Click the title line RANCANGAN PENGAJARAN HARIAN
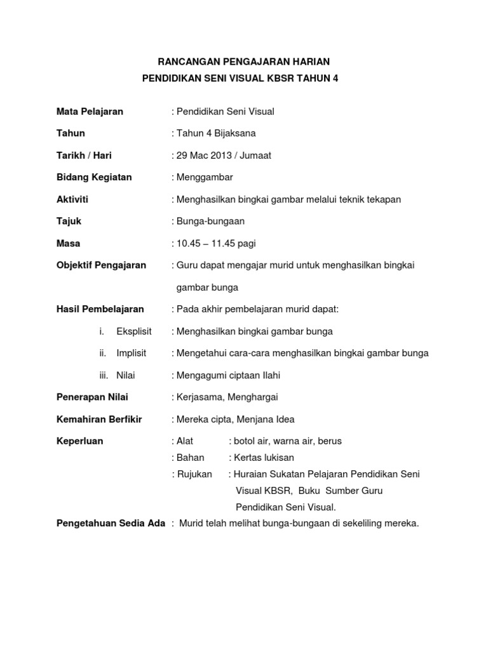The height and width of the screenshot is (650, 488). [x=244, y=62]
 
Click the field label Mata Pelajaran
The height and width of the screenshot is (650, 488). [x=90, y=112]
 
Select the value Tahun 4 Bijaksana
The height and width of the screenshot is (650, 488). [x=216, y=133]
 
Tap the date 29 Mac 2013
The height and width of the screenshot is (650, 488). [x=203, y=156]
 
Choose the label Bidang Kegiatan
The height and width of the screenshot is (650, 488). [x=94, y=177]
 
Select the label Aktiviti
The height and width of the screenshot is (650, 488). [x=72, y=199]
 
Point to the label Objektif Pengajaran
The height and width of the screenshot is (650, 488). [x=101, y=265]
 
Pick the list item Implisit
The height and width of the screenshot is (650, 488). [x=132, y=353]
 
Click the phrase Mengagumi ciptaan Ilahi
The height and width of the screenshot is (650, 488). [x=227, y=375]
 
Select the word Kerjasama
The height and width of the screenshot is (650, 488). [x=196, y=397]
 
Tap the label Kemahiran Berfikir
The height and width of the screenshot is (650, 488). [x=99, y=419]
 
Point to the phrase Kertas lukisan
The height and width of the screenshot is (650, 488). [x=264, y=458]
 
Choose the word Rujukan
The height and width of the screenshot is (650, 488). [x=194, y=474]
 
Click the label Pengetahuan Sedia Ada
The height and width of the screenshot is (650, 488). [x=111, y=524]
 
